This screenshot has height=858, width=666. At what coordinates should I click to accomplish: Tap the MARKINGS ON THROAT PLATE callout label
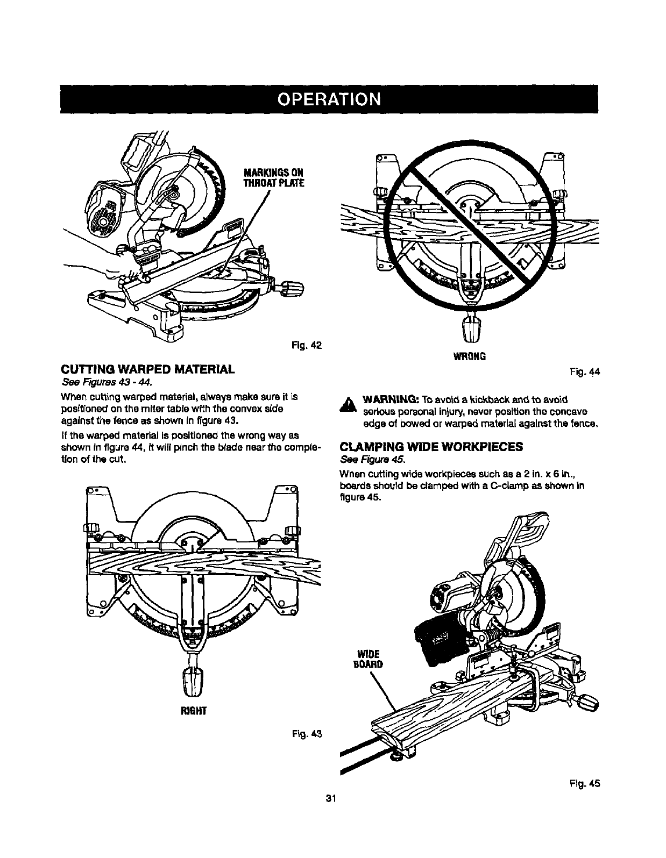[274, 177]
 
